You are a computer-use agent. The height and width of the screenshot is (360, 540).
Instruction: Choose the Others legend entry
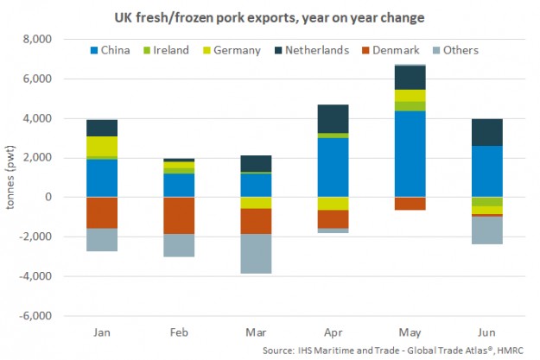(x=455, y=50)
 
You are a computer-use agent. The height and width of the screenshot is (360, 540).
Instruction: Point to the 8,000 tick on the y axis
(x=37, y=40)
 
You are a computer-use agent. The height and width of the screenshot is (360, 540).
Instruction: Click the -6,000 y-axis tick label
(x=35, y=316)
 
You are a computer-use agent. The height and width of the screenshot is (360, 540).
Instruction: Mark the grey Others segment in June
(x=486, y=231)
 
